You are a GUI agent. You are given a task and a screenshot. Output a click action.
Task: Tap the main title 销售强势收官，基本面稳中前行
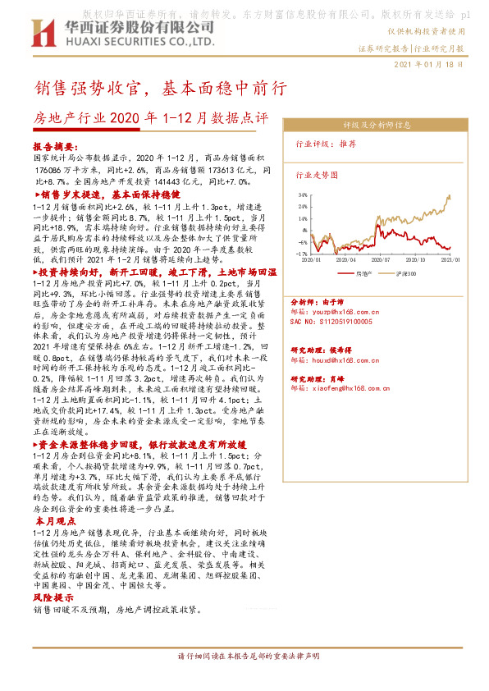tap(159, 88)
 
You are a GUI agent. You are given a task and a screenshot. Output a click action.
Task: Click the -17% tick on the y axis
tap(302, 254)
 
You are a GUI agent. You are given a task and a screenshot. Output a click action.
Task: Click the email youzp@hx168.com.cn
tap(336, 313)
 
